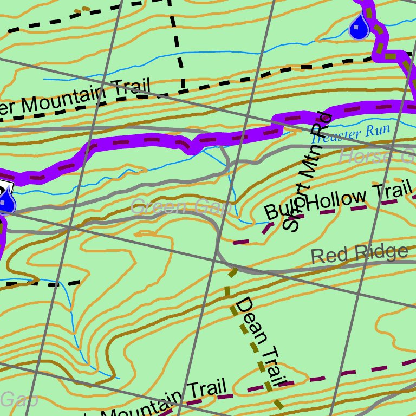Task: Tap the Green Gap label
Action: tap(181, 206)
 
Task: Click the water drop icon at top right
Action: tap(359, 27)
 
